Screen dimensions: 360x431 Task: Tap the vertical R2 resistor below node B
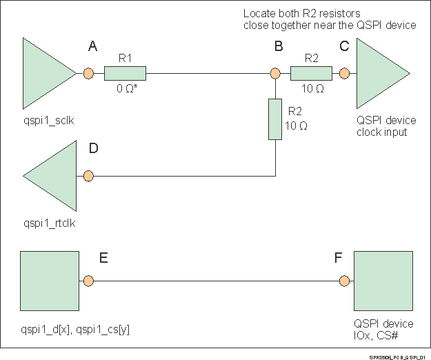click(x=274, y=119)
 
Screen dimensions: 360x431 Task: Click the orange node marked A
click(x=88, y=73)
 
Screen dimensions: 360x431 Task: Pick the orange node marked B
click(x=274, y=73)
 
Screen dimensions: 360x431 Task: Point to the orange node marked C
click(x=343, y=73)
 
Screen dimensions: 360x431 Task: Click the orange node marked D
click(x=88, y=176)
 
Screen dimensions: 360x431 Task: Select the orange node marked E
click(x=88, y=281)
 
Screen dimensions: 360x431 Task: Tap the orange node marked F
click(x=343, y=281)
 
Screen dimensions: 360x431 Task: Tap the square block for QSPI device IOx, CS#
click(x=383, y=281)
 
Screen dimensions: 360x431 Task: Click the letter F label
click(x=338, y=259)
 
